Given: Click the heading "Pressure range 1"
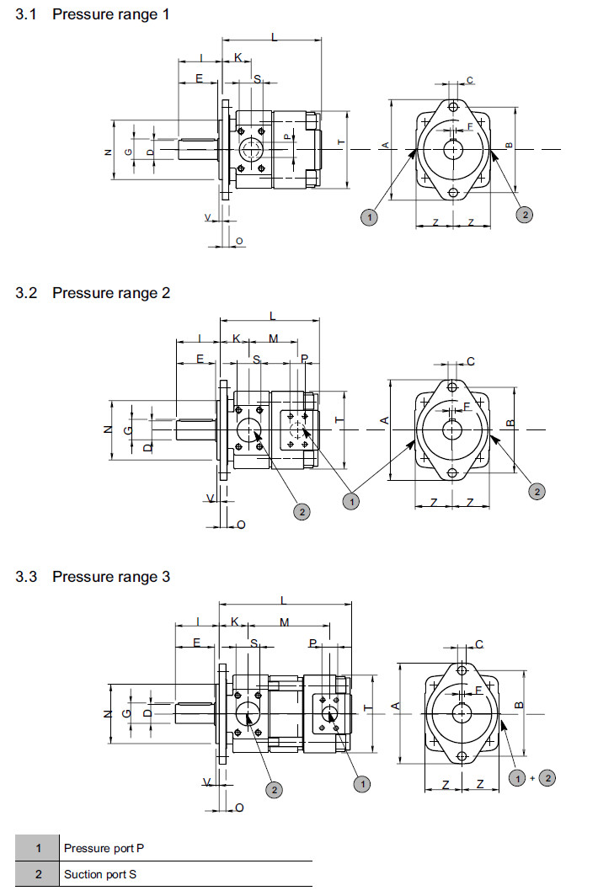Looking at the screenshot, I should [110, 14].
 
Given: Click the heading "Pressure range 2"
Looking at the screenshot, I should [110, 292].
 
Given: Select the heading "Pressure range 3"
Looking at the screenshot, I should [110, 576].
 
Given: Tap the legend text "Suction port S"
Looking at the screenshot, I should [100, 874].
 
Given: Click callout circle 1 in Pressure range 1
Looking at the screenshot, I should [368, 216].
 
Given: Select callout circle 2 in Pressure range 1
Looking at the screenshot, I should [524, 215].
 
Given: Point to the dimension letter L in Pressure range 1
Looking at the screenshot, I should [275, 35].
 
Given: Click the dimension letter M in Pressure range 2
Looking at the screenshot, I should [273, 339].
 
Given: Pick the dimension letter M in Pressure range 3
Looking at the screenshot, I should [284, 622].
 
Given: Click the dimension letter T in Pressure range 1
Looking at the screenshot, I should [340, 144].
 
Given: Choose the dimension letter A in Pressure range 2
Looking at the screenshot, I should [384, 419].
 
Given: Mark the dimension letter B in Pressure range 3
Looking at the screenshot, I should [520, 703].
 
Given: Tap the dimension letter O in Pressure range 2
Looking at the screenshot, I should [241, 524].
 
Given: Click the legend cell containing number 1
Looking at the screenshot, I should [38, 848].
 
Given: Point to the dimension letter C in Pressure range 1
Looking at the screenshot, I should [470, 80].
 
